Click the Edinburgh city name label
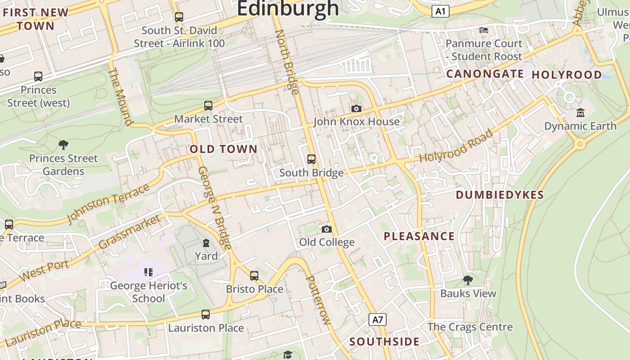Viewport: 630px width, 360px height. click(288, 8)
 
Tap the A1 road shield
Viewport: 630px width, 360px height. click(440, 11)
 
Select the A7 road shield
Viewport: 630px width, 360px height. click(378, 320)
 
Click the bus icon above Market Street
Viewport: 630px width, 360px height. click(208, 106)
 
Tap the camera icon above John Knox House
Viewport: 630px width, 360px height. click(356, 108)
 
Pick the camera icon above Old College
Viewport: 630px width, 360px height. click(327, 229)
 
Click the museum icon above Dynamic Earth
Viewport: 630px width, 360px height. click(580, 112)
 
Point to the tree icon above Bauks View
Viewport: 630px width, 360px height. click(468, 280)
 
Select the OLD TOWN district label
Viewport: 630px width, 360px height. click(224, 149)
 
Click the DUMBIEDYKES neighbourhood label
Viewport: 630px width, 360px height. click(500, 195)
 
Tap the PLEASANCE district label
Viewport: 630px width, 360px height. click(419, 236)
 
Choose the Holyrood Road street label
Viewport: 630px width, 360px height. click(456, 146)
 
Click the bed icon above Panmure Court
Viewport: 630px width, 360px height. click(484, 30)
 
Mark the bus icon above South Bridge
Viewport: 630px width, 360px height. click(311, 159)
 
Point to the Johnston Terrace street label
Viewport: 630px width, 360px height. click(108, 203)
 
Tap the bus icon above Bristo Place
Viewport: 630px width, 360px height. click(254, 275)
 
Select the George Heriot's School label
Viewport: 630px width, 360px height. click(148, 292)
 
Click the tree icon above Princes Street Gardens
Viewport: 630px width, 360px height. click(63, 145)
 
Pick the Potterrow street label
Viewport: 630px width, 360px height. click(318, 300)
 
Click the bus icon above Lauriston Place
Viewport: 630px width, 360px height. click(206, 315)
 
